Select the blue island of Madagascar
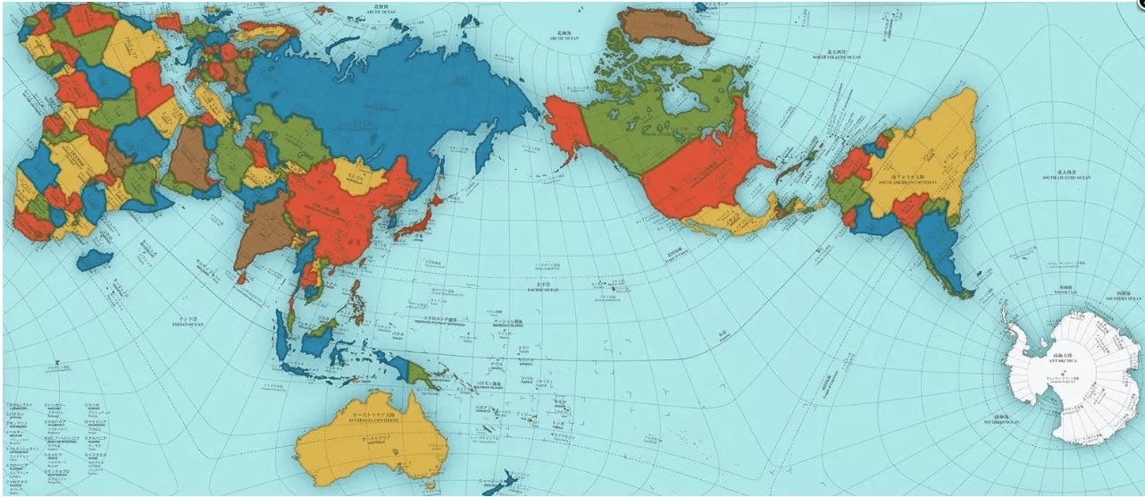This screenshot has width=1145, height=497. point(95,260)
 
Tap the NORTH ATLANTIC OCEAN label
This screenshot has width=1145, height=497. point(836,55)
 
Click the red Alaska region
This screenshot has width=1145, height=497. point(567,121)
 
